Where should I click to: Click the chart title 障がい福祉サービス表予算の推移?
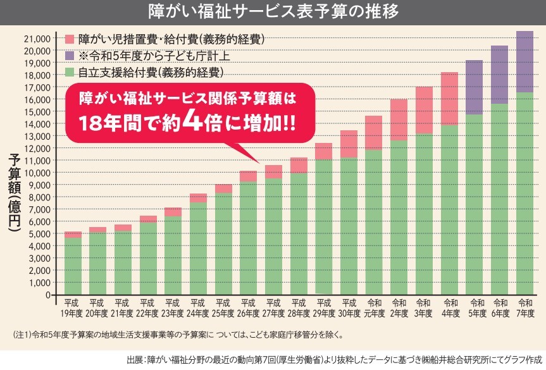click(x=273, y=12)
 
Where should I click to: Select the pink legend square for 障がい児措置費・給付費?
click(x=70, y=39)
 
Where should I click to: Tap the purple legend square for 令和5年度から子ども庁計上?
click(x=70, y=55)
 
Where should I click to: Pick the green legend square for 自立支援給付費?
click(x=70, y=71)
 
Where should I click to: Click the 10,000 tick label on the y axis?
click(x=36, y=173)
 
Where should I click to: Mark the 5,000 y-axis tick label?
click(x=39, y=233)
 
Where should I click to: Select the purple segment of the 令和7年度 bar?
click(x=525, y=61)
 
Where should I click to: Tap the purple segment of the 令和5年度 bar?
click(x=475, y=87)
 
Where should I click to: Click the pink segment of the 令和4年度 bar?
click(x=450, y=99)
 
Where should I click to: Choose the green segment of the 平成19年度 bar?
click(x=73, y=266)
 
